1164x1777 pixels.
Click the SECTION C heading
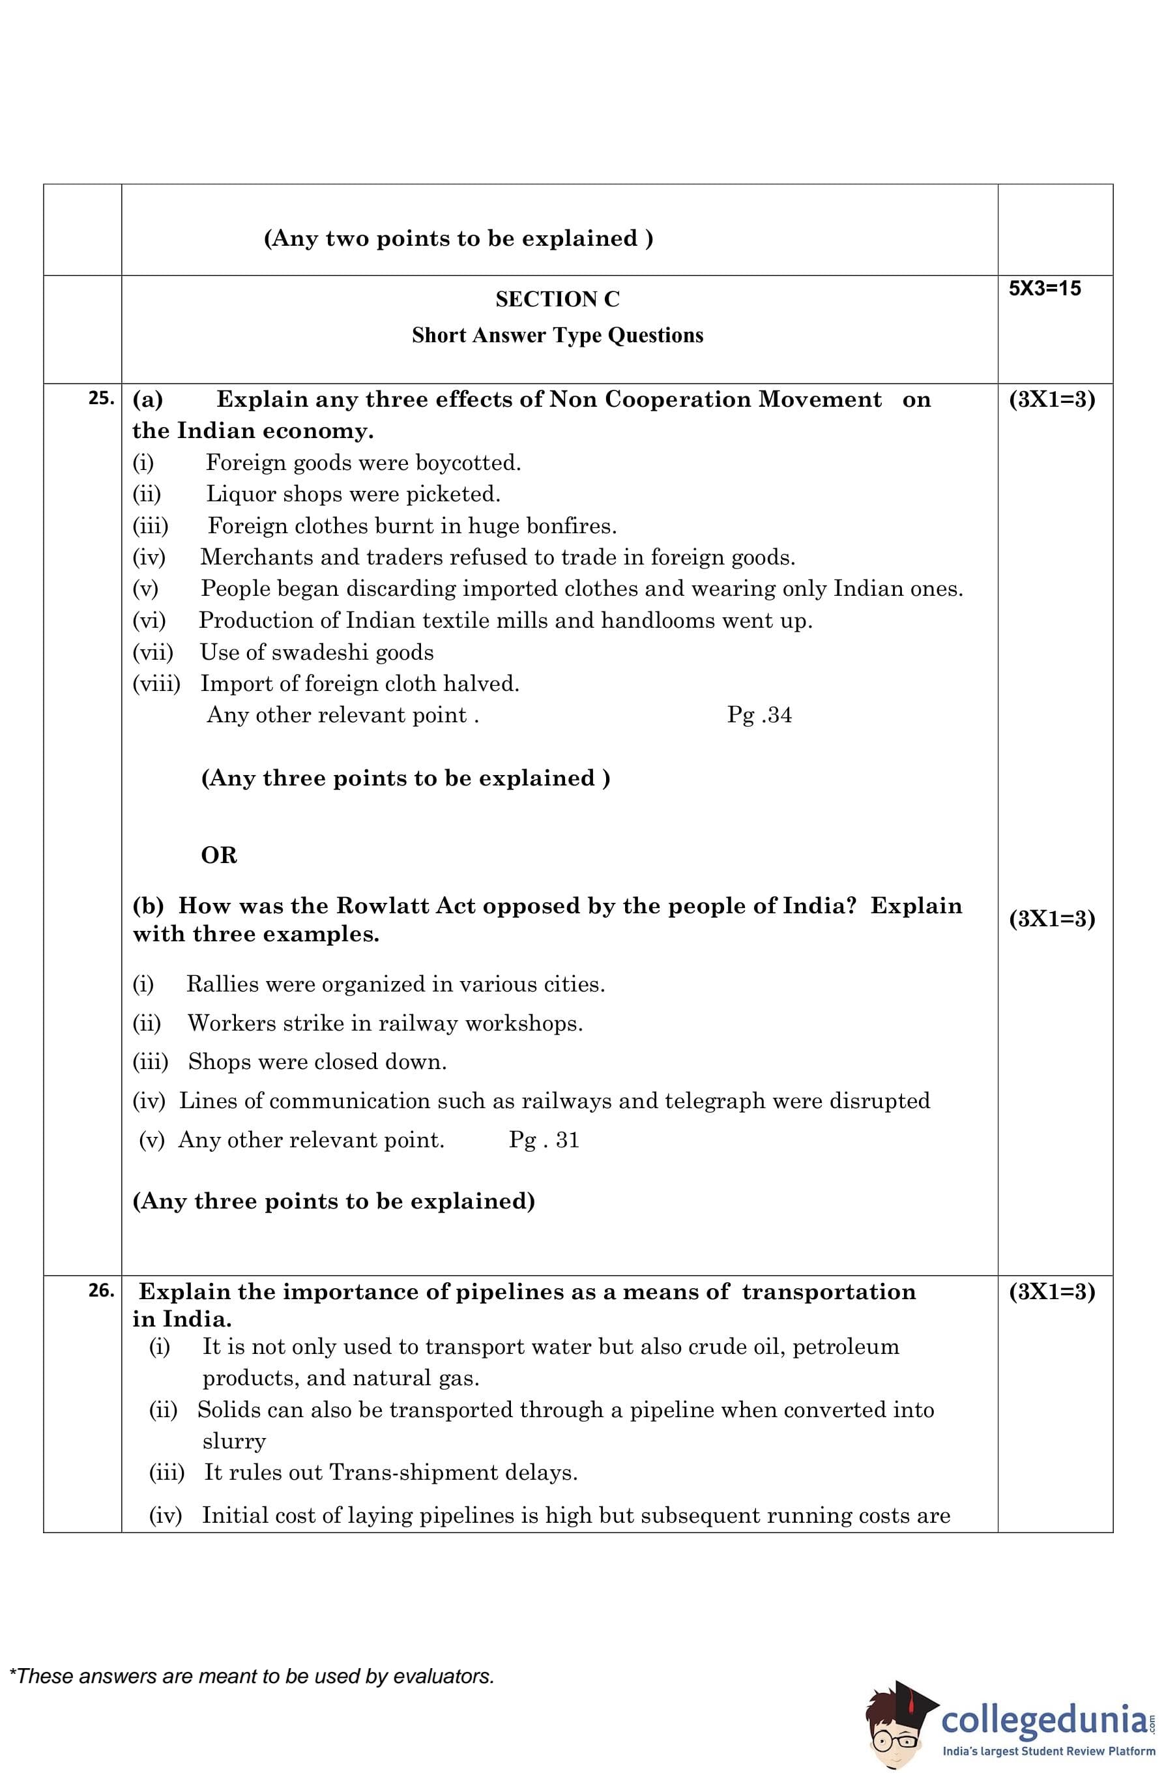[557, 299]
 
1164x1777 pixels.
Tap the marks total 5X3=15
[1044, 288]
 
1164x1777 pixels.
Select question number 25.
[101, 399]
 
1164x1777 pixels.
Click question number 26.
[101, 1290]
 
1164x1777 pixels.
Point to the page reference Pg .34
[759, 715]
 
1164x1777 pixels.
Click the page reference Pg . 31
[544, 1140]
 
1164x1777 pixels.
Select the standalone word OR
[219, 855]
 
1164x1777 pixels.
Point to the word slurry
[234, 1441]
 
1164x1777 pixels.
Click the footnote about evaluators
[252, 1676]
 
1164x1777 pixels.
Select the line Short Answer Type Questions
[557, 335]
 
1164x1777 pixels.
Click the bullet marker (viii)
[156, 684]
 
